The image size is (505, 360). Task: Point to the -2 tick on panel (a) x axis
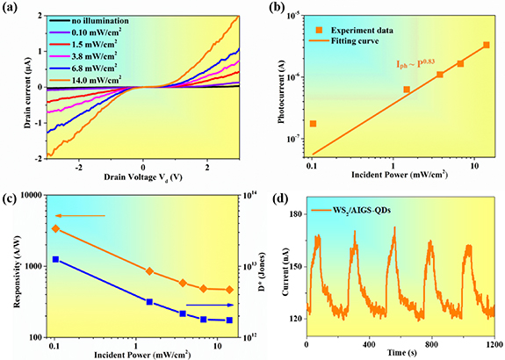click(x=79, y=166)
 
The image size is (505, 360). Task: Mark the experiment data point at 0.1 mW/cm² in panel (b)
click(x=313, y=124)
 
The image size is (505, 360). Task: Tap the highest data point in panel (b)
click(x=487, y=45)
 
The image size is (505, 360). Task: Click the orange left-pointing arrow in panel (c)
click(x=80, y=215)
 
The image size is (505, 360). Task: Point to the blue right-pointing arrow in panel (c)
click(x=216, y=305)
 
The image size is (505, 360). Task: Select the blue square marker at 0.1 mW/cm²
click(x=55, y=260)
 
